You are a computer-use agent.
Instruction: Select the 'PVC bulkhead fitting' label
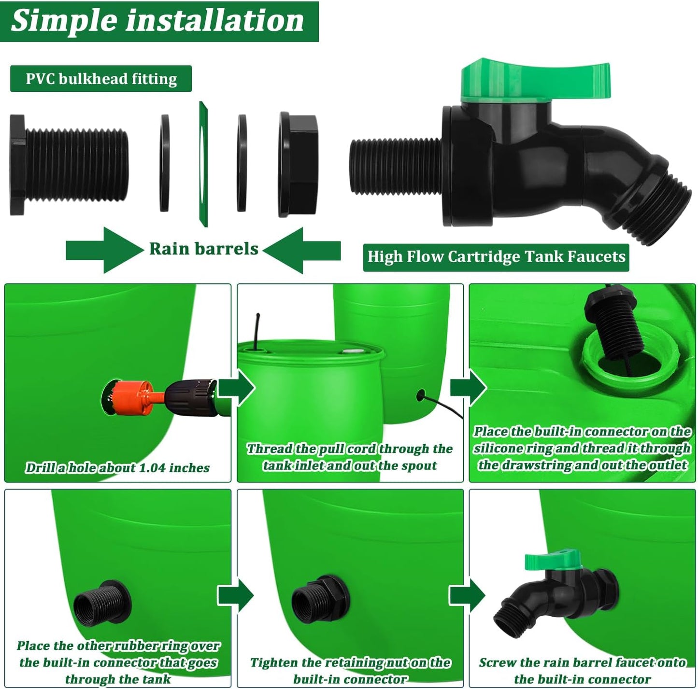click(101, 79)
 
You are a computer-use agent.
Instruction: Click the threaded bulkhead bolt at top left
click(70, 164)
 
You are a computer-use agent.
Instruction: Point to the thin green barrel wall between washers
click(203, 164)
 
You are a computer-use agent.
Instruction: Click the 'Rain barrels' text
click(203, 249)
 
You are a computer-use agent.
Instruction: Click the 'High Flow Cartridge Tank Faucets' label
click(496, 256)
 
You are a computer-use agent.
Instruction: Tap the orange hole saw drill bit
click(133, 397)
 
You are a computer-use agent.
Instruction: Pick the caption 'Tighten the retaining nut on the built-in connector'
click(350, 670)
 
